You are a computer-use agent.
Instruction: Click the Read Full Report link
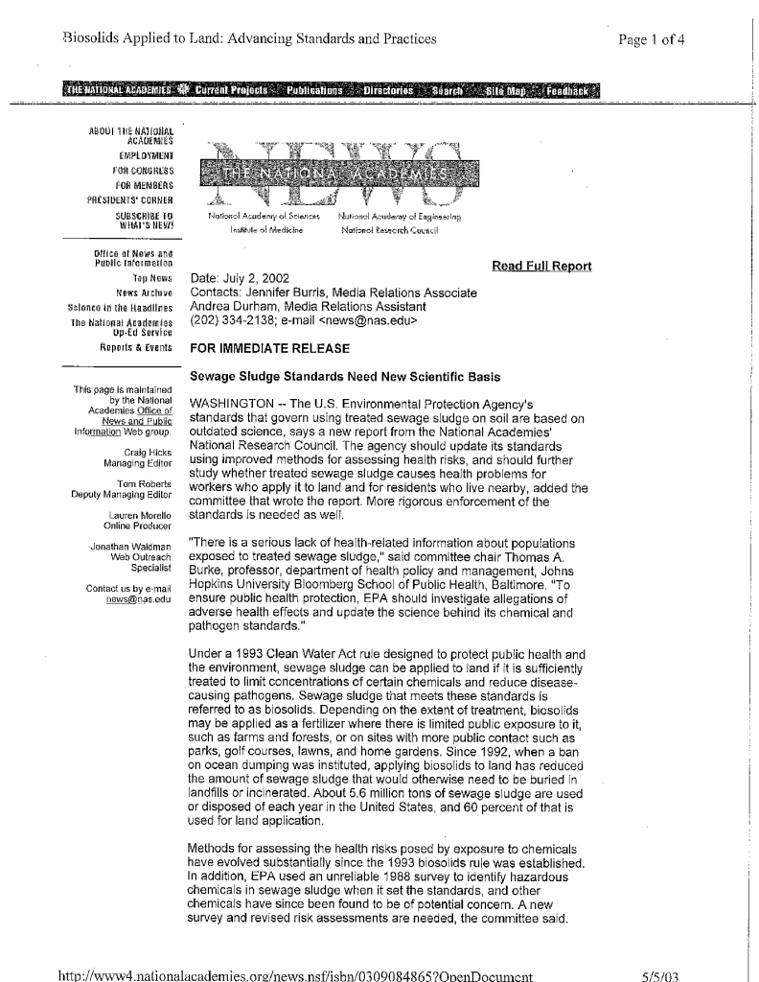click(541, 266)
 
